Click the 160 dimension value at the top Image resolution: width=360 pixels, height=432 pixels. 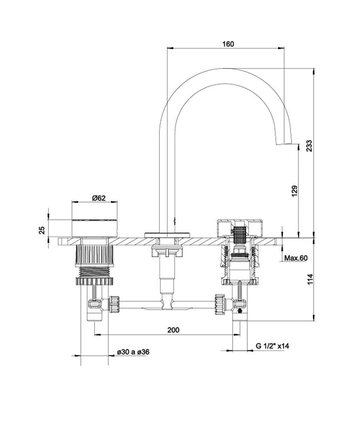tap(227, 44)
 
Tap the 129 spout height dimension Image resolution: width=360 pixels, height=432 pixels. tap(295, 191)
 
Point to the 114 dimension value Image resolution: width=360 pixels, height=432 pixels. tap(309, 279)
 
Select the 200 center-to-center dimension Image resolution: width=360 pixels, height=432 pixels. tap(174, 330)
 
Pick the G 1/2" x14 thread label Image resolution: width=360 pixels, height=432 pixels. tap(272, 346)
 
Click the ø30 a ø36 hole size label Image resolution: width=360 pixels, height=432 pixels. tap(132, 352)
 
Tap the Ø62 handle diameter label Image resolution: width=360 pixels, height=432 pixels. tap(98, 198)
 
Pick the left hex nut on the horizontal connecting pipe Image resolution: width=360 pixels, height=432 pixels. tap(115, 304)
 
